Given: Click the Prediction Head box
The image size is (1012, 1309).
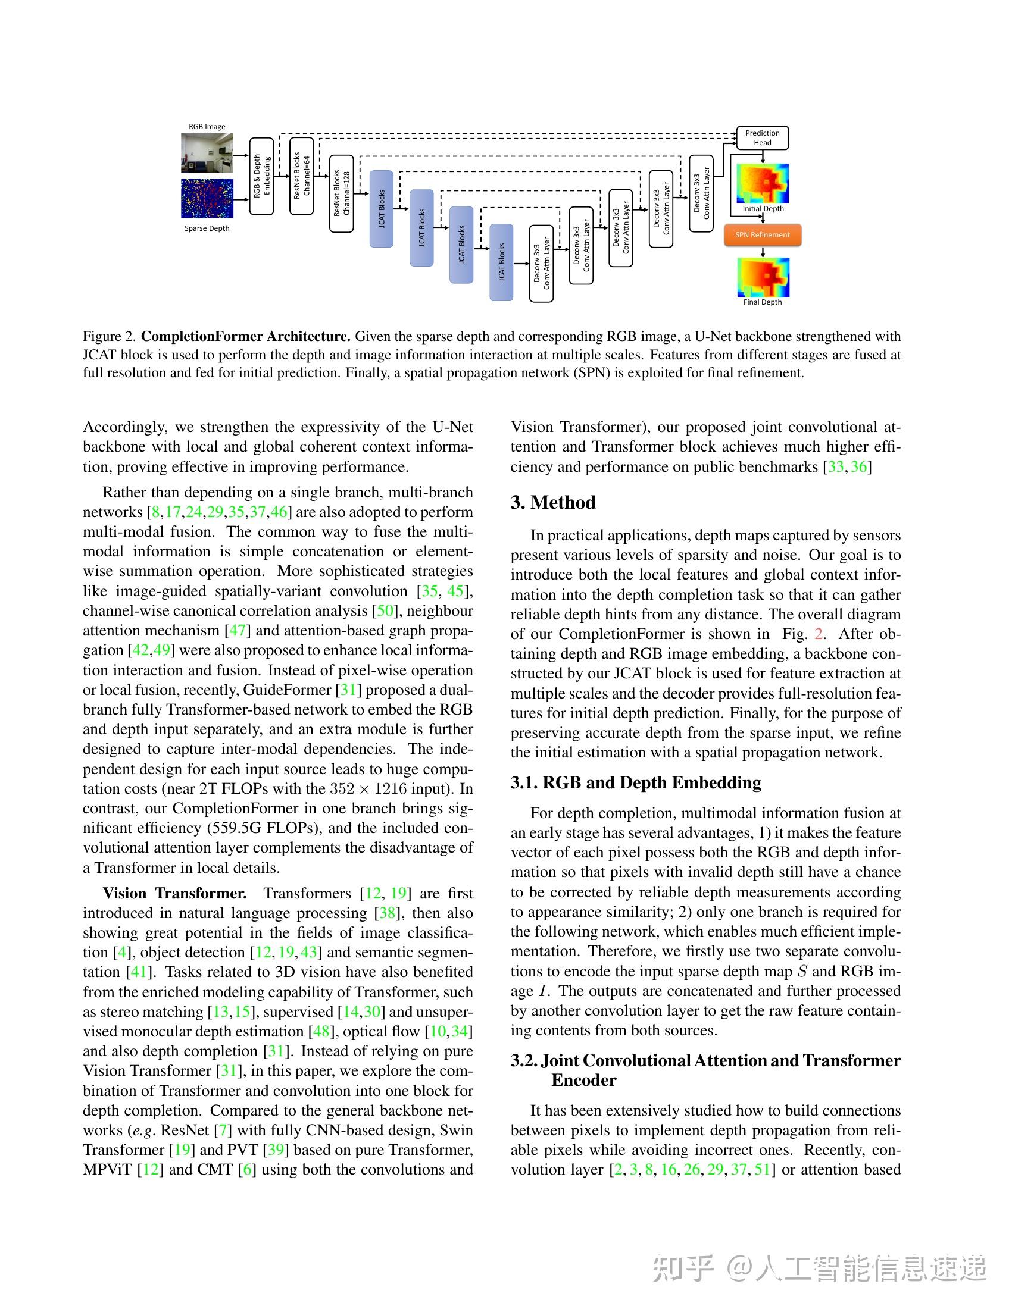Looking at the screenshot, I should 762,138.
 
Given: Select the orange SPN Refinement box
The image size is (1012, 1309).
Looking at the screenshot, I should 762,235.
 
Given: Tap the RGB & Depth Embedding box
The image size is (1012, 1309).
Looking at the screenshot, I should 261,176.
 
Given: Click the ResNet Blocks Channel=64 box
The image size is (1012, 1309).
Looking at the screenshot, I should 302,176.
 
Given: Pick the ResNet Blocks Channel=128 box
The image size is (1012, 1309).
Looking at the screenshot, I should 342,193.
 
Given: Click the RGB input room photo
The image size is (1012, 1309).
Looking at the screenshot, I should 207,153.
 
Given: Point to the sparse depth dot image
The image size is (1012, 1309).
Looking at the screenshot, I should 207,198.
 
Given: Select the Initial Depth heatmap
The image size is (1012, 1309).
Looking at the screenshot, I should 763,183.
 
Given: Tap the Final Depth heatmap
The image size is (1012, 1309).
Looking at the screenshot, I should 763,277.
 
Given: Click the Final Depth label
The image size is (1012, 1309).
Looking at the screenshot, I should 763,302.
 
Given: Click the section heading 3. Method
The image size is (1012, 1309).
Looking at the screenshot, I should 553,502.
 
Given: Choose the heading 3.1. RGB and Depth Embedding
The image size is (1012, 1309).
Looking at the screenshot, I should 636,783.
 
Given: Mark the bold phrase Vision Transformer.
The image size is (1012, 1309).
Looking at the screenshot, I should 174,894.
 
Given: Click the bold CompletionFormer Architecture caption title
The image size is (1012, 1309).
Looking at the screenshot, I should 246,337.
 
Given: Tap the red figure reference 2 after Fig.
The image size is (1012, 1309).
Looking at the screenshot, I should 819,634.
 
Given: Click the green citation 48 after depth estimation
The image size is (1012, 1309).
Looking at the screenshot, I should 318,1032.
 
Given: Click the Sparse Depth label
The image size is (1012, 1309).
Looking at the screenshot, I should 207,228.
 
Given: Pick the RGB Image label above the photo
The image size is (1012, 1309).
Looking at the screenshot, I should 207,127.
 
